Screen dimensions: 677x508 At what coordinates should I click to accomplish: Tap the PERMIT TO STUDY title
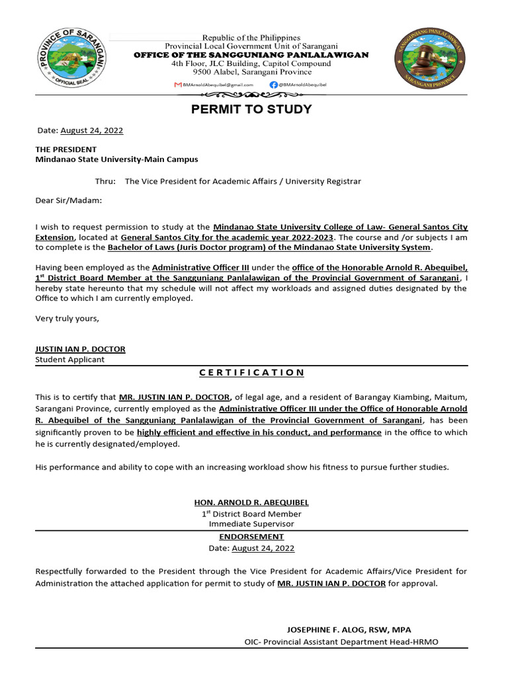pos(251,109)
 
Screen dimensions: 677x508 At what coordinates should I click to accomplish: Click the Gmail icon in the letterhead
pos(177,85)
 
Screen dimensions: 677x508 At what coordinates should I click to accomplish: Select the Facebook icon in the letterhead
pos(273,85)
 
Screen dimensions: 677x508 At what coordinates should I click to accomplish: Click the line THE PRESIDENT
pos(65,149)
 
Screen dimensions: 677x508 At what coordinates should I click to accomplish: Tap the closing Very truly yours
pos(67,319)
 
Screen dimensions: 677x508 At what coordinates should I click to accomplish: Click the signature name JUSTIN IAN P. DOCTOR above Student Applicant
pos(80,349)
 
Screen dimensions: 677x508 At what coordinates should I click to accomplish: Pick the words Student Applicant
pos(69,360)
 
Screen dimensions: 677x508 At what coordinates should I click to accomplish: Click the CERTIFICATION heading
pos(251,373)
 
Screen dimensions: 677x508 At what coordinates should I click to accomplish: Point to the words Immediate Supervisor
pos(251,524)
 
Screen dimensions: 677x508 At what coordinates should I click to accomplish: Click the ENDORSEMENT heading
pos(251,537)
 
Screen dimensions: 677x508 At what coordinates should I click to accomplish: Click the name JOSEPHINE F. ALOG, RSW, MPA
pos(349,630)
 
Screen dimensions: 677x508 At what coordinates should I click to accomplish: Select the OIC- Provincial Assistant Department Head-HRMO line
pos(341,642)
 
